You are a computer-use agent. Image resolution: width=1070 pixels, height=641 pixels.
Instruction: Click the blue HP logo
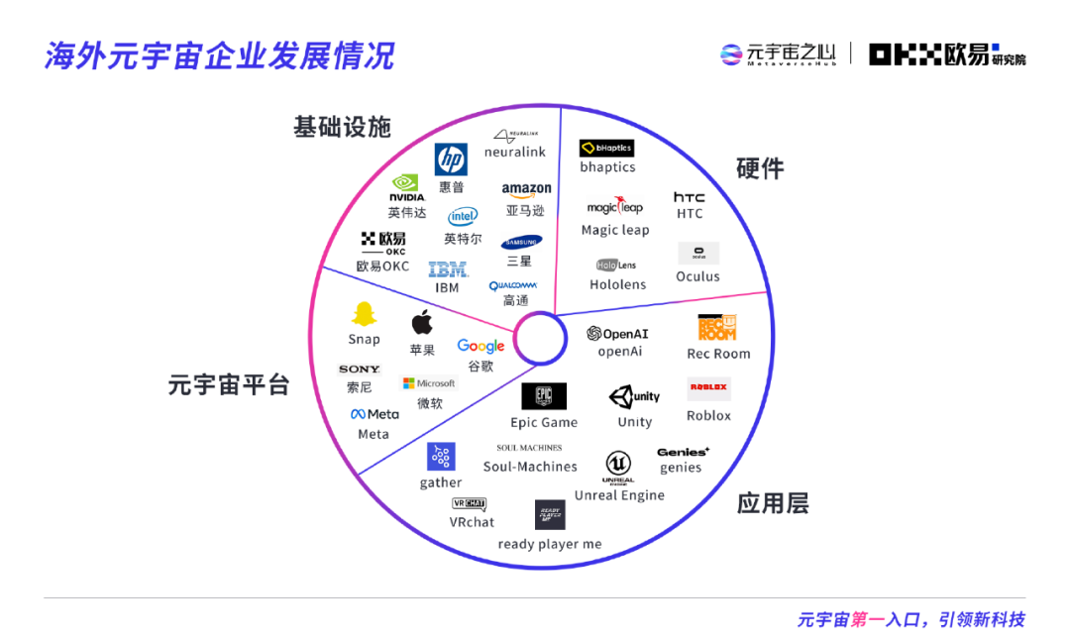pos(451,159)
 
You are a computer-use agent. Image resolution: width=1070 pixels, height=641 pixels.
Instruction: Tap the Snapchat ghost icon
pos(364,314)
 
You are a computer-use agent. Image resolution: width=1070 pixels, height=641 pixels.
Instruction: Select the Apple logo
pos(422,322)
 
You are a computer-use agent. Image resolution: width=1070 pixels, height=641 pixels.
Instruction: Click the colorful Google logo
pos(481,346)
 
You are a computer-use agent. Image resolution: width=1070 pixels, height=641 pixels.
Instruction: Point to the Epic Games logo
pos(544,396)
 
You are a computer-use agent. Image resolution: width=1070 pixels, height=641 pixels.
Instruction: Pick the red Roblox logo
pos(708,388)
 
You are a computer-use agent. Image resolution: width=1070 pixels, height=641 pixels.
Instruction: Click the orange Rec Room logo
pos(717,327)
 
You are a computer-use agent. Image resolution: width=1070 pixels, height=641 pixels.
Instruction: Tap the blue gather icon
pos(441,457)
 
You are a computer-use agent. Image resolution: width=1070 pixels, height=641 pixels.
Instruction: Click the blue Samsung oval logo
pos(521,242)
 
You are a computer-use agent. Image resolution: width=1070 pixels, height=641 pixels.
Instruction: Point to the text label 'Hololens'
pos(617,284)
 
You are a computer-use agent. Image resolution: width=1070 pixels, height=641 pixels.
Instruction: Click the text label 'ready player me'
pos(550,544)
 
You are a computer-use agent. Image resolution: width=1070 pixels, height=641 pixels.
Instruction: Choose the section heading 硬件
pos(760,168)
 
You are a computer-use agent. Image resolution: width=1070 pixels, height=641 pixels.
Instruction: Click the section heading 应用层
pos(773,503)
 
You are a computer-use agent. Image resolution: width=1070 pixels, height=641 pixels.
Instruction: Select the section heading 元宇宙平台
pos(229,384)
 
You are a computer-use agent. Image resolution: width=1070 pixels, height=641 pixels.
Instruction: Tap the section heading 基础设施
pos(342,127)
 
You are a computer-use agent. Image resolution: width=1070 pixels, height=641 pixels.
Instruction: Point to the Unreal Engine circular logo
pos(618,465)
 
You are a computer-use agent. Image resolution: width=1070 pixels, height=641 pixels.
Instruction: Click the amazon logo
pos(526,189)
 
